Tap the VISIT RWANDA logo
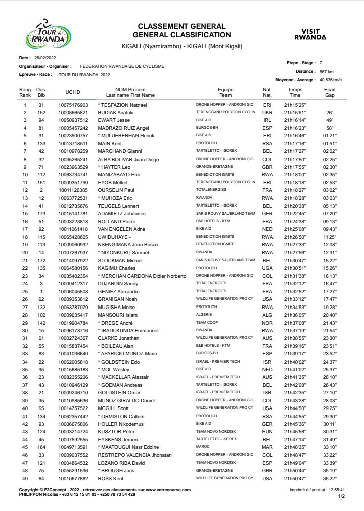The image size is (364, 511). click(310, 34)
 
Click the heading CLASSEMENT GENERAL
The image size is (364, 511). click(181, 26)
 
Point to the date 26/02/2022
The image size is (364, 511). click(45, 58)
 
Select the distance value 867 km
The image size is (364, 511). click(326, 71)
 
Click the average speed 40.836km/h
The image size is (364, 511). click(331, 80)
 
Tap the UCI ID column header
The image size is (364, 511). click(73, 92)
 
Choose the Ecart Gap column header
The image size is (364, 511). click(330, 92)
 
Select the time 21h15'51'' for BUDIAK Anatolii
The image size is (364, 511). click(295, 112)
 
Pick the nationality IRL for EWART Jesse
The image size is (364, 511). click(267, 120)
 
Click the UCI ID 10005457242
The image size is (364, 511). click(73, 128)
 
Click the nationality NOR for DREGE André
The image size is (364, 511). click(267, 323)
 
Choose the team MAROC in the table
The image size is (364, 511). click(202, 447)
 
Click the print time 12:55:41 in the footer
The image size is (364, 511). click(335, 490)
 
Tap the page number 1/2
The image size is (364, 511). click(342, 496)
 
